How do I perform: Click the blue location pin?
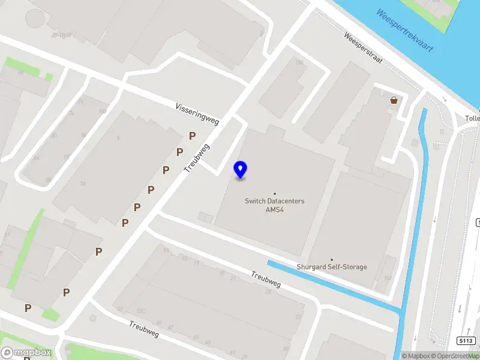click(240, 170)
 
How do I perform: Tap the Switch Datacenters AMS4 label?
click(274, 205)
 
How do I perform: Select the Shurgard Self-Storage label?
click(332, 267)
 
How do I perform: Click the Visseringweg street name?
click(197, 113)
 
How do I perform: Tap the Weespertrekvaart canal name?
click(404, 30)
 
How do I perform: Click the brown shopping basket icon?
click(394, 100)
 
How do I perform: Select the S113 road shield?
click(463, 341)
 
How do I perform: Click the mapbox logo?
click(26, 353)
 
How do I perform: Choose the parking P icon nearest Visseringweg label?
click(192, 136)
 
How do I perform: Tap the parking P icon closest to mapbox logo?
click(28, 308)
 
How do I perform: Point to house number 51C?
click(142, 311)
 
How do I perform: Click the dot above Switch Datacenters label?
click(275, 193)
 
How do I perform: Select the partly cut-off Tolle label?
click(472, 119)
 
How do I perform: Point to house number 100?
click(103, 112)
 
